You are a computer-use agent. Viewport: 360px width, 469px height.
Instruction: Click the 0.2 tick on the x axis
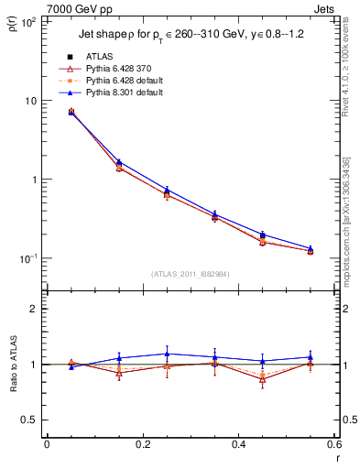point(142,443)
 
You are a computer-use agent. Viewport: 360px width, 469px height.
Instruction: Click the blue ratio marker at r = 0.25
point(167,354)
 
